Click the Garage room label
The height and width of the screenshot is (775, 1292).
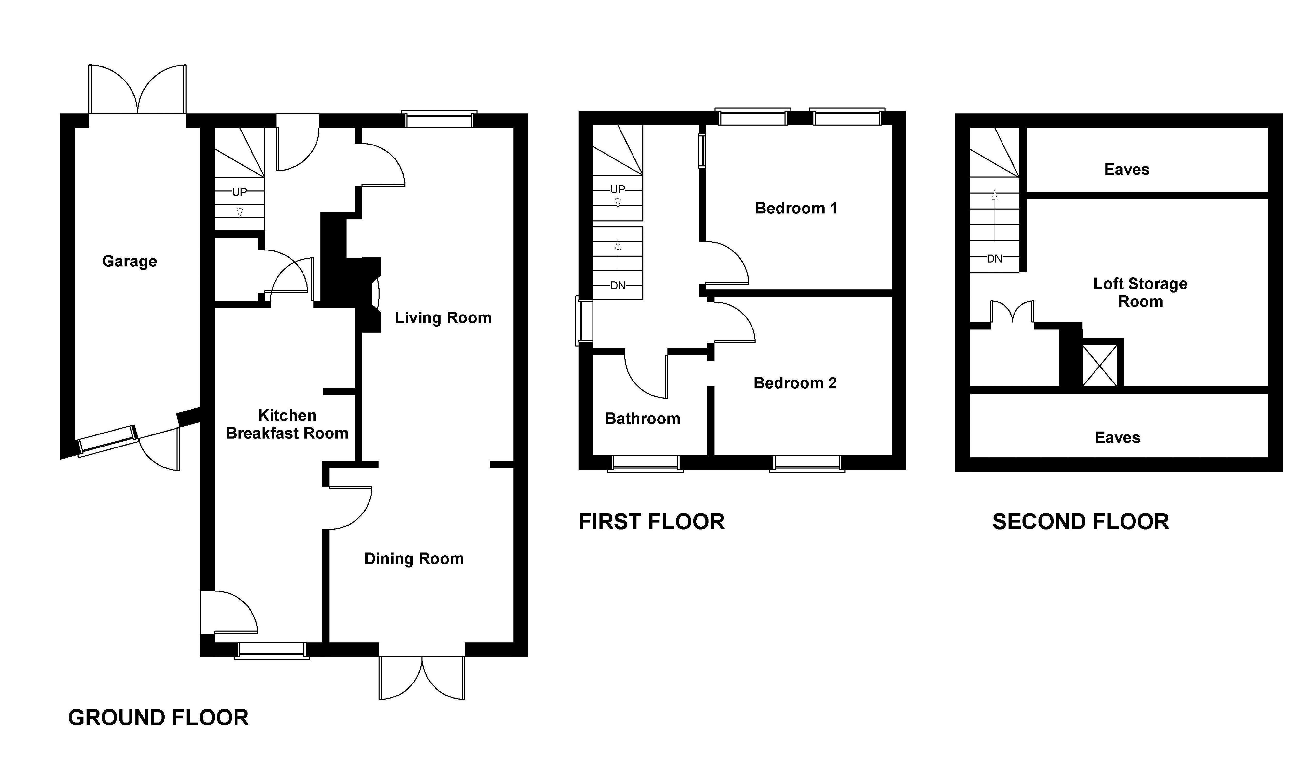(x=129, y=261)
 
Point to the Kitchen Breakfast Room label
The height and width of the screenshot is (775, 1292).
(x=287, y=424)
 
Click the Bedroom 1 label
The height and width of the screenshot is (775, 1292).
(x=796, y=208)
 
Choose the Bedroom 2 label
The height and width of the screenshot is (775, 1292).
(x=795, y=383)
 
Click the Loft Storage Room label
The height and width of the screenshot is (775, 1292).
(x=1141, y=293)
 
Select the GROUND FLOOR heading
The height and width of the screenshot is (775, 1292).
(x=158, y=718)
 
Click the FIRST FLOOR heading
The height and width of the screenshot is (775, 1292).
(x=652, y=522)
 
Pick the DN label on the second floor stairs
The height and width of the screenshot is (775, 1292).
(x=994, y=258)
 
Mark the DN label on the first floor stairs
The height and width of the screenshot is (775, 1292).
(x=618, y=286)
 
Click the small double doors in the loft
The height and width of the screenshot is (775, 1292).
(x=1012, y=312)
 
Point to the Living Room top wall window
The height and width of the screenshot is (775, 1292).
(x=439, y=120)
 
